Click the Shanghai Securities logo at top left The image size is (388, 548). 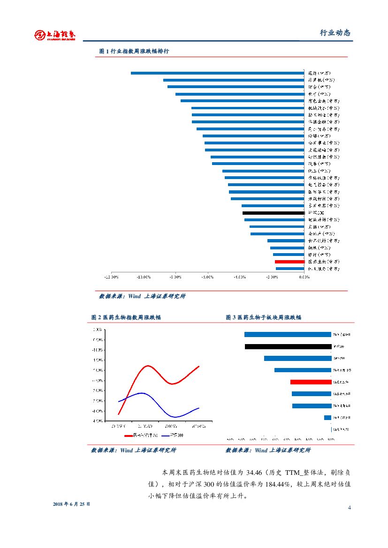point(55,34)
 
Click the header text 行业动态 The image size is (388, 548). point(335,33)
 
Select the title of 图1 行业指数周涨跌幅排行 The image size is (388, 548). point(134,51)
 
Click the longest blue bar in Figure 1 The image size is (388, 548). point(217,73)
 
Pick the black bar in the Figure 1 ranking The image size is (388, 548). point(273,213)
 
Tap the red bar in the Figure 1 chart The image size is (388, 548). point(289,262)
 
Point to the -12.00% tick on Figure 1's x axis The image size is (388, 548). point(111,277)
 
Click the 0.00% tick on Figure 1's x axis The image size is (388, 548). point(304,277)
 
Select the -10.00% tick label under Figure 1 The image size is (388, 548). point(143,277)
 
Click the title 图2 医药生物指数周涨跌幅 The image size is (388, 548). point(126,317)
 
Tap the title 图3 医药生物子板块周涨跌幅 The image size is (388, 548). point(263,317)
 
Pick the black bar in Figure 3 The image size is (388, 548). point(288,347)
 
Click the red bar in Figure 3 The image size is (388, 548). point(311,382)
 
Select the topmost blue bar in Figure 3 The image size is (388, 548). point(288,335)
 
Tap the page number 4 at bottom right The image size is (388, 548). point(350,508)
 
